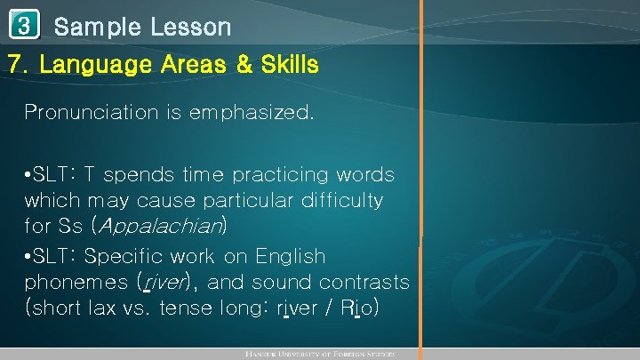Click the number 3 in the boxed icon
tap(22, 26)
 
